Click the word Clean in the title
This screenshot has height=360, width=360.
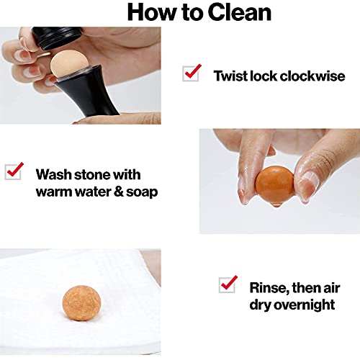pos(239,12)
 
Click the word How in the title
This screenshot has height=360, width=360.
pos(153,12)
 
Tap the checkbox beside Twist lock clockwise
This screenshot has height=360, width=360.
pos(191,73)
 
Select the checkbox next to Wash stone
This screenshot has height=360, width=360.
pos(14,171)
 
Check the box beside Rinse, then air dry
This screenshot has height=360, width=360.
pos(228,284)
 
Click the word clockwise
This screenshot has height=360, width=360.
pos(312,76)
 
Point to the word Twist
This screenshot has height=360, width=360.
pos(230,76)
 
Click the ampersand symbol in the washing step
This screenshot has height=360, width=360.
pos(118,192)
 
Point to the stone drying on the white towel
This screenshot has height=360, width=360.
pos(81,303)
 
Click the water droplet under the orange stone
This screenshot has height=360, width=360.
pos(276,204)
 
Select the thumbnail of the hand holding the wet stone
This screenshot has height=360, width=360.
pos(279,181)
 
